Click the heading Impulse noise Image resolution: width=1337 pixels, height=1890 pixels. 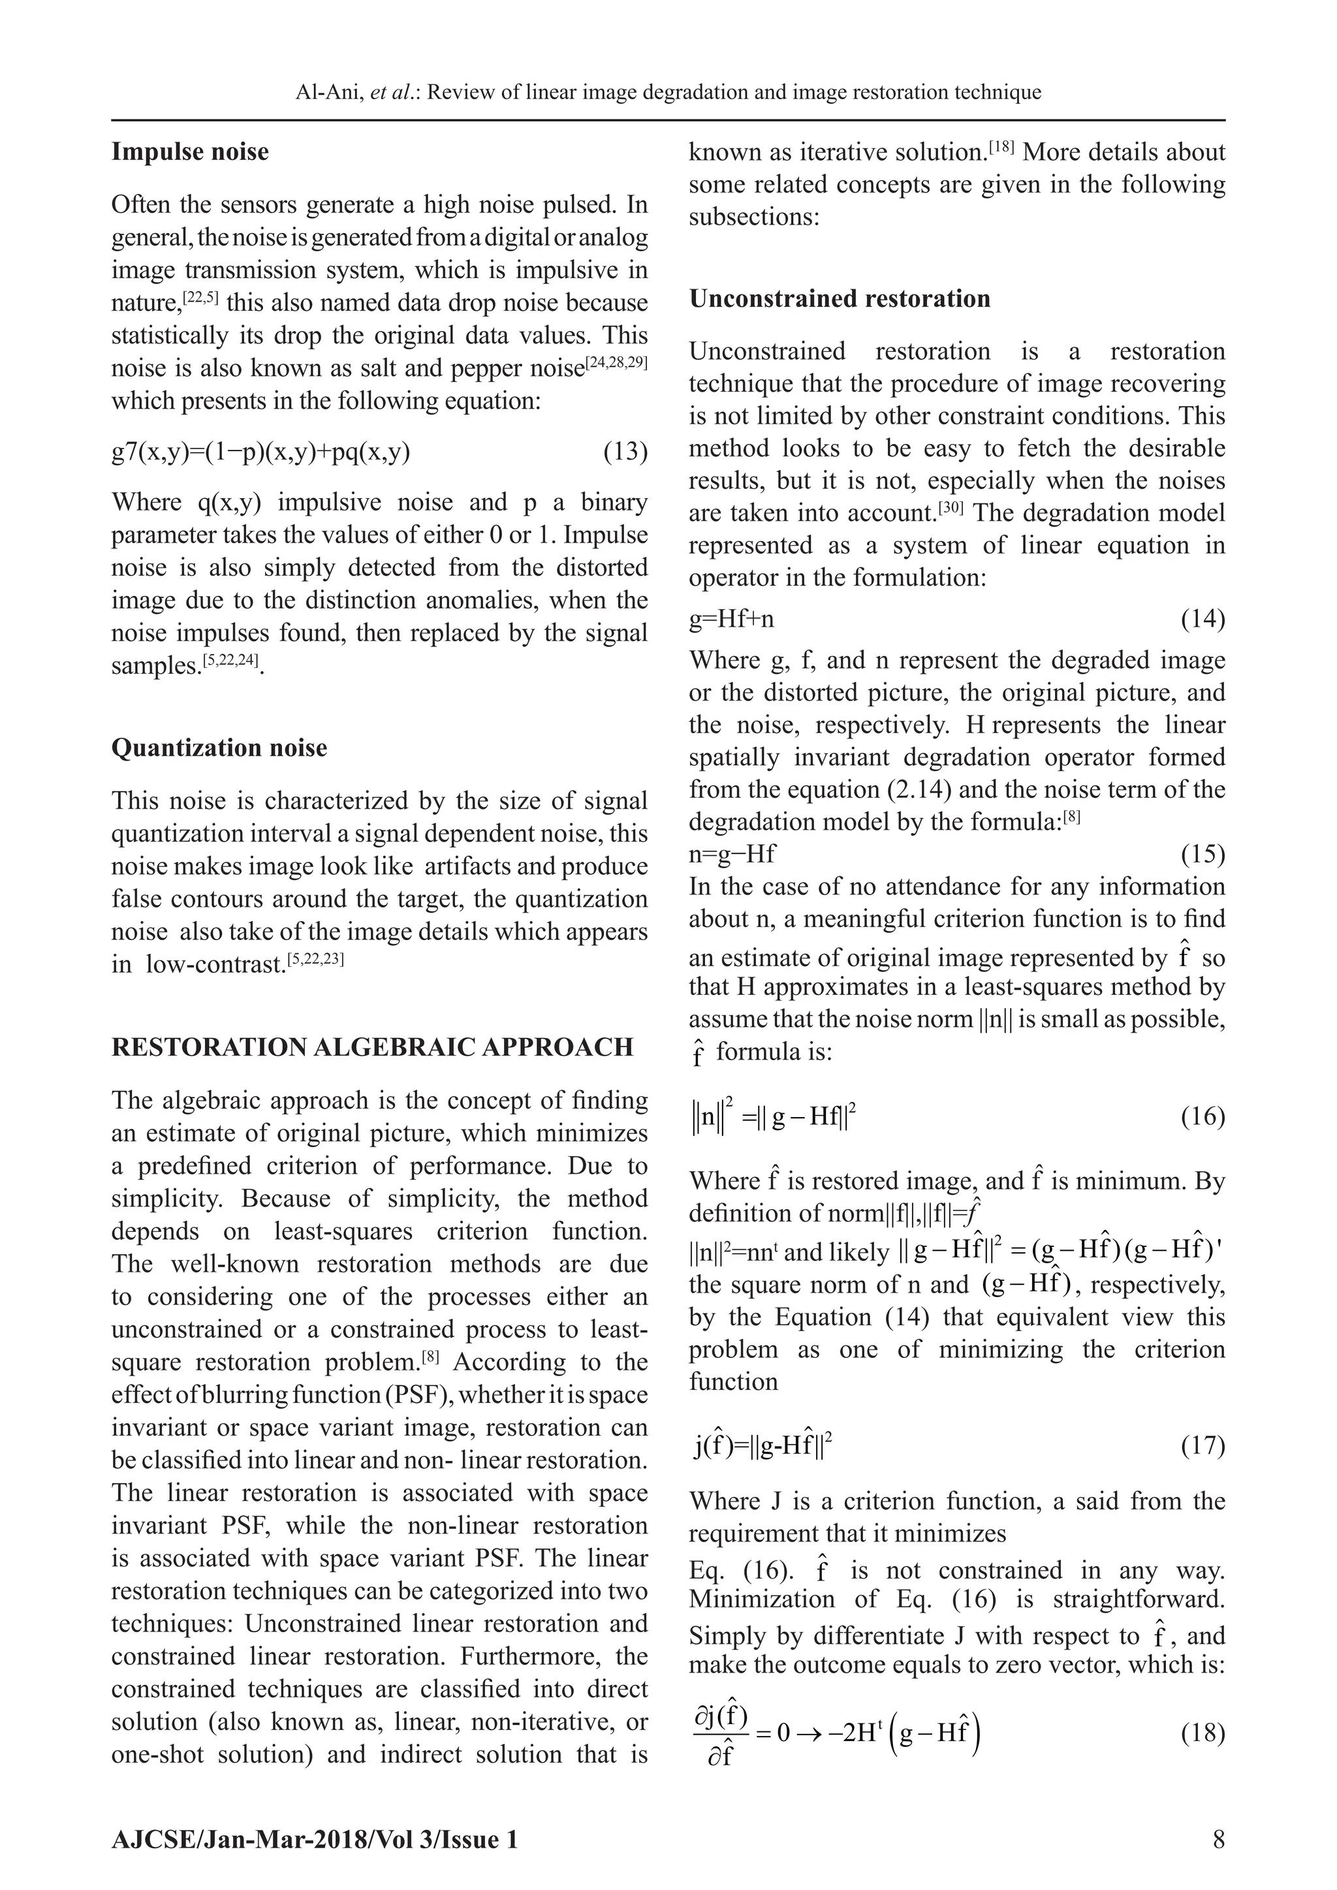coord(189,152)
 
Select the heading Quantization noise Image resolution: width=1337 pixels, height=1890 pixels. coord(219,748)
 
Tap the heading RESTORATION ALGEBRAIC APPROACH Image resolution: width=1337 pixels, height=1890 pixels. coord(372,1047)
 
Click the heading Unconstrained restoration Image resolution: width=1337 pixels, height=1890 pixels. coord(839,298)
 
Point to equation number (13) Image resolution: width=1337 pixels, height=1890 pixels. coord(625,452)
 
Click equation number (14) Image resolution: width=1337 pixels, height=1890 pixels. coord(1202,618)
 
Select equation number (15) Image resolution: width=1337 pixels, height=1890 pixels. coord(1202,855)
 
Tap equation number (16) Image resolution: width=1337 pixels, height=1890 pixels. coord(1202,1117)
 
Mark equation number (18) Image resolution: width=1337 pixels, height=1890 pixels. coord(1202,1733)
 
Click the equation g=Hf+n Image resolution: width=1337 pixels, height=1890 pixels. coord(731,619)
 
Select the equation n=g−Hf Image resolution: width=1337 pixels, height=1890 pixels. coord(732,855)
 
